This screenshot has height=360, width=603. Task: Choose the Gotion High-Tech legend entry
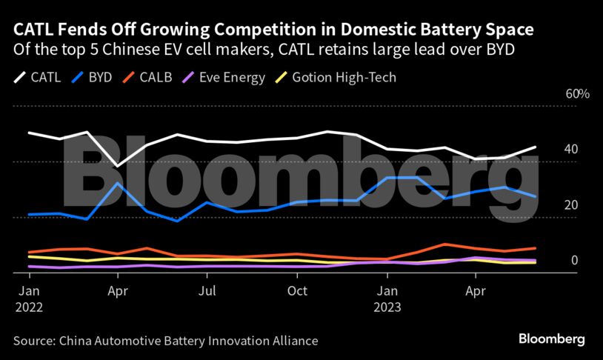click(338, 76)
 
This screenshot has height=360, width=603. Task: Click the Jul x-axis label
click(208, 291)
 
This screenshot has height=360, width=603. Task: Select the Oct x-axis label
click(296, 291)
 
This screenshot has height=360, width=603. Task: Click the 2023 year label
click(387, 307)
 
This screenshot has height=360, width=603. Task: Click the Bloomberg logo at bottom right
click(551, 339)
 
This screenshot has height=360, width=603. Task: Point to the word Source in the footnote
click(33, 341)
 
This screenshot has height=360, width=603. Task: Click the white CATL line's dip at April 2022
click(118, 166)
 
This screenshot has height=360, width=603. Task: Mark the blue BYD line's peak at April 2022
click(118, 183)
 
